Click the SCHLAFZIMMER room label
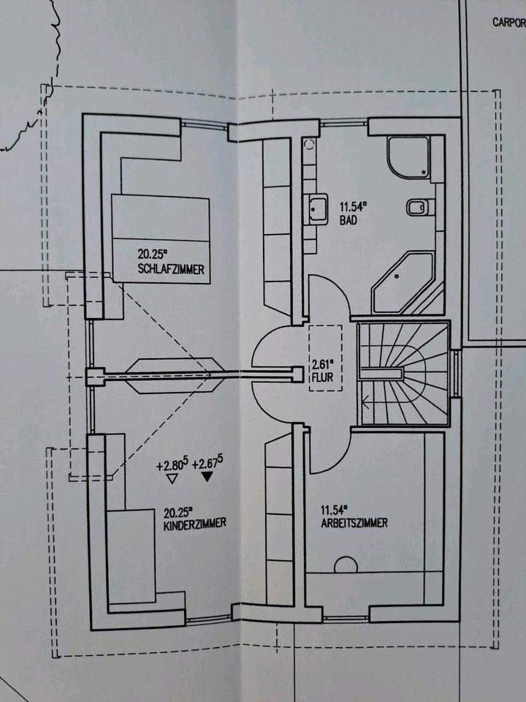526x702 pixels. (169, 269)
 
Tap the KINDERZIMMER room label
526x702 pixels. (194, 524)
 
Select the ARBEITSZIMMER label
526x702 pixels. (354, 524)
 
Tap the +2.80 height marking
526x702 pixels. (172, 464)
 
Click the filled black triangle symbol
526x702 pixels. (208, 478)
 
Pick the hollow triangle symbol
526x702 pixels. (172, 478)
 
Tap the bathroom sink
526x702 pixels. (318, 208)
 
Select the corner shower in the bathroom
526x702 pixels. (408, 156)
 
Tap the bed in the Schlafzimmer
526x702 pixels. (161, 238)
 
